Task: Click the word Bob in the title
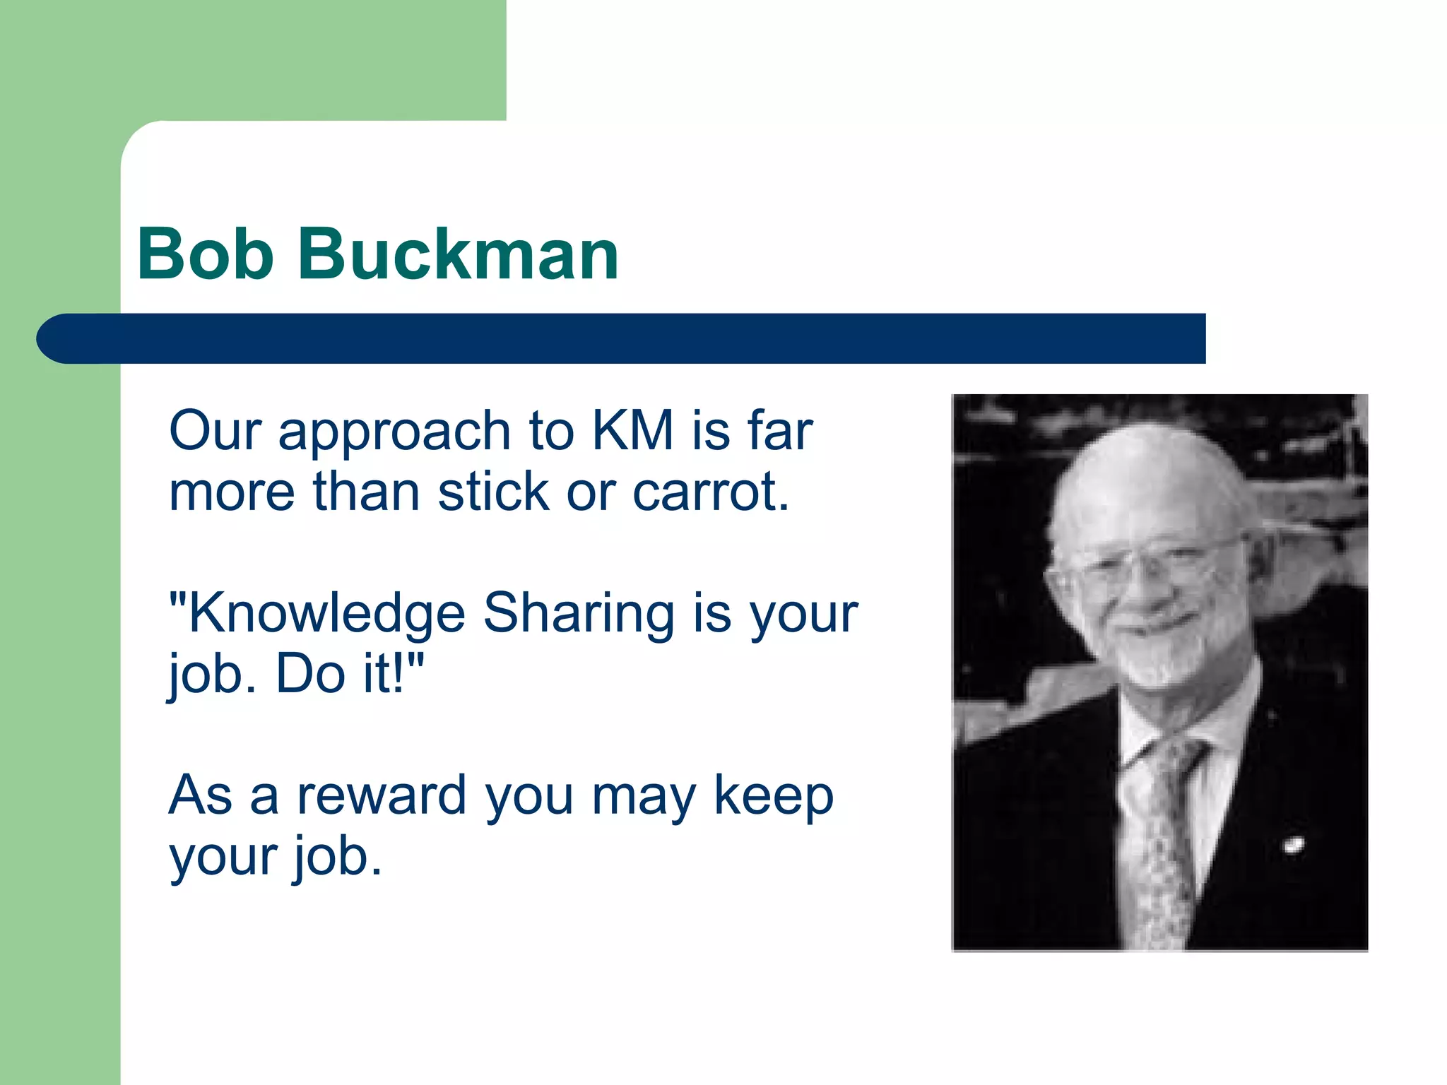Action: click(x=205, y=254)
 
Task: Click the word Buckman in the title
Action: click(x=458, y=254)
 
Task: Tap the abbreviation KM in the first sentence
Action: click(x=632, y=431)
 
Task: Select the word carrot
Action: click(x=710, y=492)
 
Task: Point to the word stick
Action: click(x=493, y=492)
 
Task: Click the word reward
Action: click(x=382, y=796)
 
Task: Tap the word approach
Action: click(x=394, y=432)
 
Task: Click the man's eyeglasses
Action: click(x=1159, y=565)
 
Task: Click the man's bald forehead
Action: click(x=1145, y=480)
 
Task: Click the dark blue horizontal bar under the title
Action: click(x=636, y=339)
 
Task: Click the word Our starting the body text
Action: click(x=215, y=431)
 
